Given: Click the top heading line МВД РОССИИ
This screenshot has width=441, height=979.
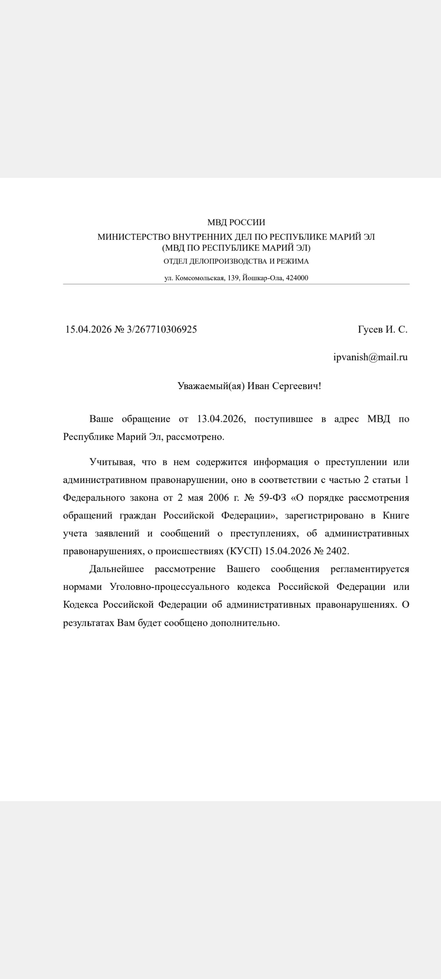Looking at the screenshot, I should [x=236, y=222].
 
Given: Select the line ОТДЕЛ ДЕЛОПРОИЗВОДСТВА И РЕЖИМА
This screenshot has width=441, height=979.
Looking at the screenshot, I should [x=236, y=261].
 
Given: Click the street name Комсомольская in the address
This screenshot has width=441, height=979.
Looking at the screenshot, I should [x=200, y=278].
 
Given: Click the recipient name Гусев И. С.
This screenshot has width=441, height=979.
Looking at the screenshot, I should [x=382, y=330].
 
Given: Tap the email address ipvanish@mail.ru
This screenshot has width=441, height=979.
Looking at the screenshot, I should [x=370, y=357].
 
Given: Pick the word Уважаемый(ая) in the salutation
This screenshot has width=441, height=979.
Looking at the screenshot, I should [x=211, y=386].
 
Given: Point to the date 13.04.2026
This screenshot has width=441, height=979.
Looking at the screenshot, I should [x=221, y=419].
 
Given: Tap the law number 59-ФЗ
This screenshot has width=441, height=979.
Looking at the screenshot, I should [x=272, y=498].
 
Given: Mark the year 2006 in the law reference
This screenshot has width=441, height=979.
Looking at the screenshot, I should [x=219, y=498].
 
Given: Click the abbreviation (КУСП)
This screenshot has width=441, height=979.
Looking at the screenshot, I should [x=244, y=551].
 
